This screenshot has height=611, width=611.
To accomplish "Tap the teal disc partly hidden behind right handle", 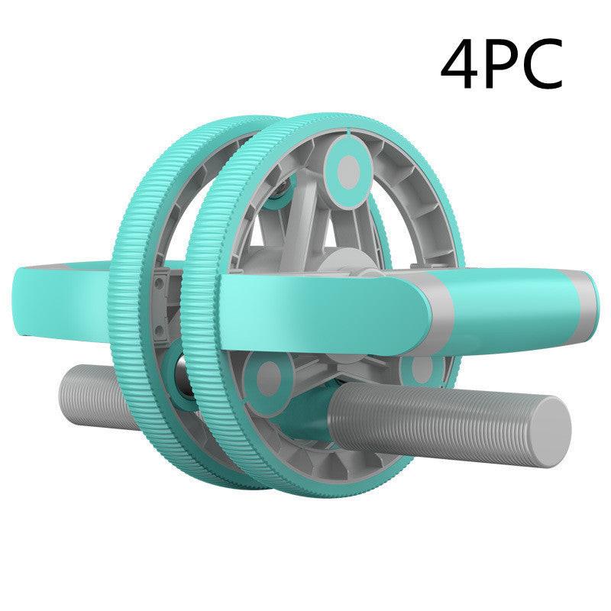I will (419, 368).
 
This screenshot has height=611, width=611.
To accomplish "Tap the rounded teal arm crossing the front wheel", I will (321, 302).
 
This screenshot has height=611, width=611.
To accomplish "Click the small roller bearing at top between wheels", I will (284, 186).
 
